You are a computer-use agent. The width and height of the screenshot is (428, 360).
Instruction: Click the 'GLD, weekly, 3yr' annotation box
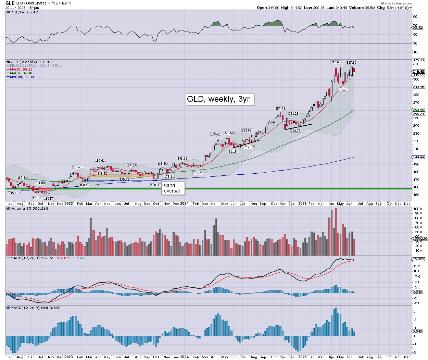click(x=218, y=99)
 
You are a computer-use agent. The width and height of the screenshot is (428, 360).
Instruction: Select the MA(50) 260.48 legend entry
click(x=21, y=73)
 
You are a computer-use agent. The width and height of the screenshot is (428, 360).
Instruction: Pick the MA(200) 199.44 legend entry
click(x=22, y=77)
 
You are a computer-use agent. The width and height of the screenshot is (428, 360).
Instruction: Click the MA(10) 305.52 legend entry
click(x=21, y=70)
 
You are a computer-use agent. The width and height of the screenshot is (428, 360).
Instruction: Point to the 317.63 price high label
click(x=335, y=62)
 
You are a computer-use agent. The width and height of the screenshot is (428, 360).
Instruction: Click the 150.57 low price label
click(x=49, y=198)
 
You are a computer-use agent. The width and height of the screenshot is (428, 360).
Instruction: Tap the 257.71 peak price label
click(x=280, y=109)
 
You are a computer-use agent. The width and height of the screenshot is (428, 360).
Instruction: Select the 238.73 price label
click(x=295, y=131)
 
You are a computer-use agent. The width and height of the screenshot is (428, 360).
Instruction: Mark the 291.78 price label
click(x=342, y=90)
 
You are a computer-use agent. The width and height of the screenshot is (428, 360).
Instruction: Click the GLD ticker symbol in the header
click(x=10, y=3)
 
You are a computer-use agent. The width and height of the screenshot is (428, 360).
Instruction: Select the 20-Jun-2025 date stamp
click(x=17, y=8)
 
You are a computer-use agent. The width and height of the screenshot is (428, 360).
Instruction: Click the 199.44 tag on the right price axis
click(x=418, y=157)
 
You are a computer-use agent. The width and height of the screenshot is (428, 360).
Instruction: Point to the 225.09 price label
click(x=215, y=134)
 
